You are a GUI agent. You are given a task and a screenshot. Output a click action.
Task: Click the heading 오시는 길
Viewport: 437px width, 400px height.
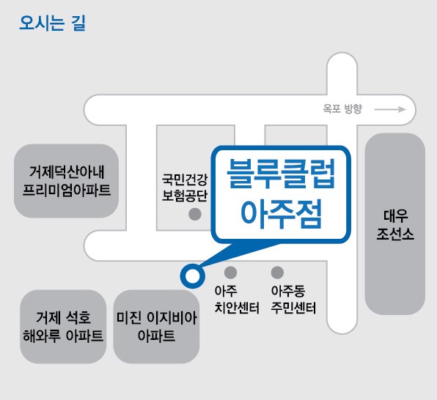[52, 23]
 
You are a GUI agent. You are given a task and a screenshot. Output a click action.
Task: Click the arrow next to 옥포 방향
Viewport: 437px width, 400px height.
[390, 109]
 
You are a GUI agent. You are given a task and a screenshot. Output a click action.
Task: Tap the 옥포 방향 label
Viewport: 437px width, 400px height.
[342, 108]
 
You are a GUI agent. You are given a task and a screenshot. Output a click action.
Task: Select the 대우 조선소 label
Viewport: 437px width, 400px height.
[395, 224]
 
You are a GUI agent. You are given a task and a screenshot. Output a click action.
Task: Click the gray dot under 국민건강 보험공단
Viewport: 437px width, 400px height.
[195, 214]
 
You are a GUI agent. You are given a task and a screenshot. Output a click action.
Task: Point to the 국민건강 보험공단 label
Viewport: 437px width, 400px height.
[185, 188]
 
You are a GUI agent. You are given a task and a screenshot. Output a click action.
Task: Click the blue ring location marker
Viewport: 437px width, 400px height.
[193, 276]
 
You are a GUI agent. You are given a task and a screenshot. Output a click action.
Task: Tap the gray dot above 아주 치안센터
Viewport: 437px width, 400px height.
[230, 272]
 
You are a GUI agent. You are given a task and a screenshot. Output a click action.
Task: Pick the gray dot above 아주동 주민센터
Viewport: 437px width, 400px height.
[277, 272]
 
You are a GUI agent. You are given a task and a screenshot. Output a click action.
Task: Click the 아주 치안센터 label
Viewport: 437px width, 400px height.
[237, 300]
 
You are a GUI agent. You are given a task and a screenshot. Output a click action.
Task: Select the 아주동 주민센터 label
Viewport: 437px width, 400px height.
[293, 300]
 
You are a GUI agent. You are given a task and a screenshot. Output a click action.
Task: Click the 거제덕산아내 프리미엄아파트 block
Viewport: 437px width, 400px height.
[66, 181]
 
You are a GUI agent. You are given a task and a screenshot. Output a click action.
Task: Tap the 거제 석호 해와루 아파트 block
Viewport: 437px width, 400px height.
[63, 327]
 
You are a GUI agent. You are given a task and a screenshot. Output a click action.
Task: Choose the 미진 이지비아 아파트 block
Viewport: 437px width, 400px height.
[156, 327]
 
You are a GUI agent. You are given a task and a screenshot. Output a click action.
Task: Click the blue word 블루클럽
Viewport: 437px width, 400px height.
[281, 174]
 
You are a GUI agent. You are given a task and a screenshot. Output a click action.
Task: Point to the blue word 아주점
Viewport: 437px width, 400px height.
[281, 214]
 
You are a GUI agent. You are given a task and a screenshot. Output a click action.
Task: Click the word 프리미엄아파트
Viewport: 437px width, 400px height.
[66, 190]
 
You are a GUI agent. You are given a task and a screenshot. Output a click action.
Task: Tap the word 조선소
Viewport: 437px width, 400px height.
[395, 234]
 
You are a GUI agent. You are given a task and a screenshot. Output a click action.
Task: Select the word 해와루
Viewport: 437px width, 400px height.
[42, 336]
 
